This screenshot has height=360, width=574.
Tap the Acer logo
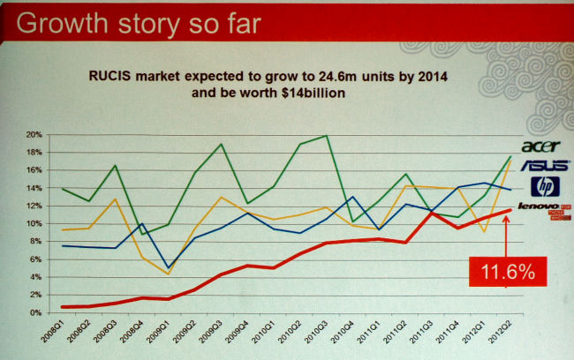pyautogui.click(x=540, y=146)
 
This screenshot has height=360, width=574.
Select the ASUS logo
pyautogui.click(x=540, y=165)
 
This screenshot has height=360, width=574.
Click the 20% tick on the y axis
pyautogui.click(x=34, y=135)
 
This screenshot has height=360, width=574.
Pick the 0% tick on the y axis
pyautogui.click(x=35, y=313)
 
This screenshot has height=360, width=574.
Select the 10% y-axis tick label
pyautogui.click(x=34, y=224)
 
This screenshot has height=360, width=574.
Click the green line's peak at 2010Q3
pyautogui.click(x=327, y=136)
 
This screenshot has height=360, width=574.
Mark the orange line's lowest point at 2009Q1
pyautogui.click(x=167, y=274)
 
